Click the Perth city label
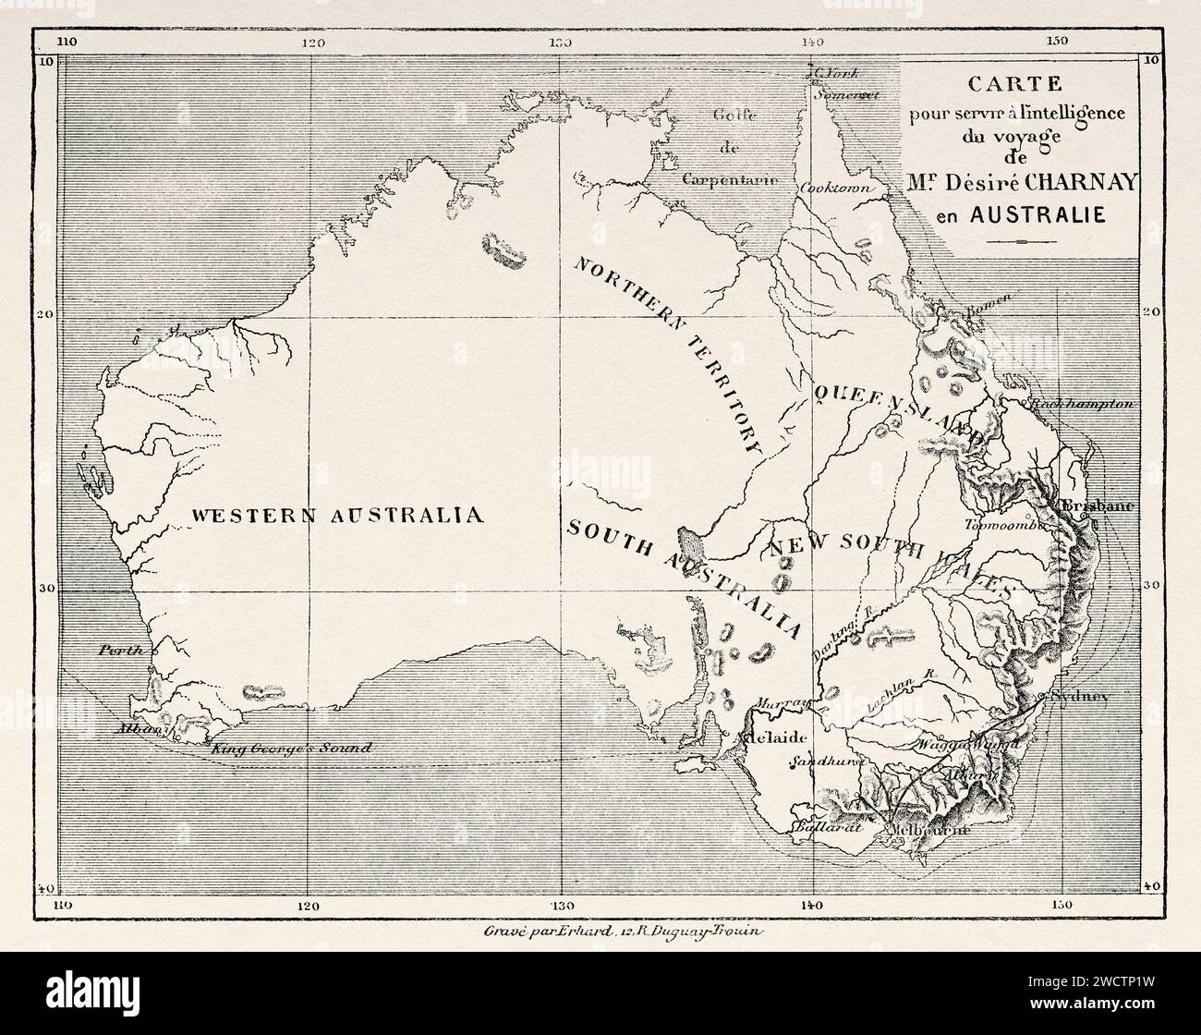point(121,651)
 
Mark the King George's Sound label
point(291,749)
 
